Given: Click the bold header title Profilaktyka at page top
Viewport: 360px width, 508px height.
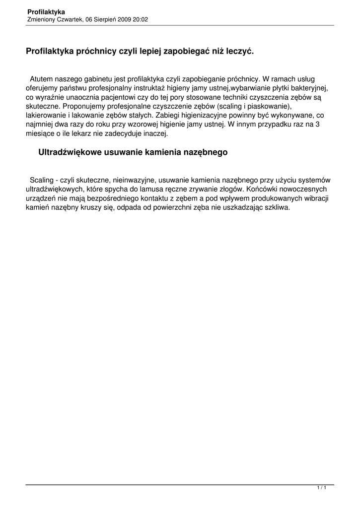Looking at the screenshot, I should [46, 11].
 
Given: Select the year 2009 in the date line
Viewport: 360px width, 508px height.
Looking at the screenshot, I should [125, 19].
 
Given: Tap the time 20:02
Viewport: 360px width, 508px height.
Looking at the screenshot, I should [141, 19].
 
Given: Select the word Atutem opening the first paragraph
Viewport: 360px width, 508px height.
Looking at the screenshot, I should [42, 79].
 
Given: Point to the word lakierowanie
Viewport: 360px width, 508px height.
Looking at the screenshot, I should [45, 116].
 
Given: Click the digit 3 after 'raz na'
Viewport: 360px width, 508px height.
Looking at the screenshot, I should [317, 125].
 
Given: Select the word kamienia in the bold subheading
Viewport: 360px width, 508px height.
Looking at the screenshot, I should [160, 153].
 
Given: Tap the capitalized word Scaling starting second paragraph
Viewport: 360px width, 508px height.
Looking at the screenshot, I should [42, 180].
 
